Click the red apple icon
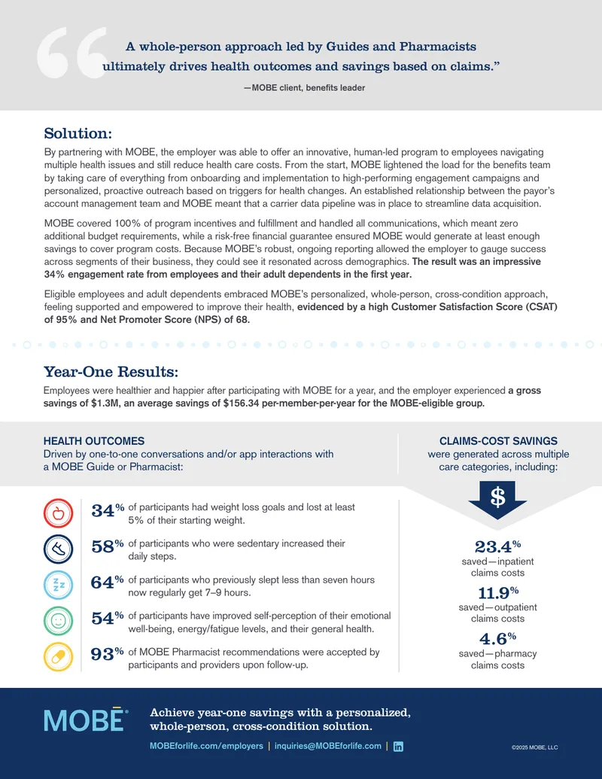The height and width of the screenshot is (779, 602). point(58,513)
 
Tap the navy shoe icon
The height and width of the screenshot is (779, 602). point(58,549)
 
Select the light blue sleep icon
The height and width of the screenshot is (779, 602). point(58,585)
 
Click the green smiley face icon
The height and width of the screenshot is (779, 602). point(58,620)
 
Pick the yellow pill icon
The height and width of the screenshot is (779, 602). point(58,657)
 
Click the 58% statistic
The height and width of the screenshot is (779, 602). point(108,546)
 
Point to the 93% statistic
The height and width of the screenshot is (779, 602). point(108,654)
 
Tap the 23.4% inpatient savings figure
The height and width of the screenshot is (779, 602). point(497,546)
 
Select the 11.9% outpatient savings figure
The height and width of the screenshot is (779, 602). point(498,592)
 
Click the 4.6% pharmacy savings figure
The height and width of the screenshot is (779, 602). point(497,638)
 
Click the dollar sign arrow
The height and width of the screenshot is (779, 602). point(497,499)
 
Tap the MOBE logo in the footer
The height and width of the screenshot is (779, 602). point(86,720)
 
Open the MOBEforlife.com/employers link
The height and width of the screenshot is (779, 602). point(207,746)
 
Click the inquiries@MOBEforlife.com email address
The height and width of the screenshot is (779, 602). point(328,746)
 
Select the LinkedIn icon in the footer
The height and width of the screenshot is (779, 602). point(398,746)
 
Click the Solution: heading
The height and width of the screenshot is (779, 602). point(78,133)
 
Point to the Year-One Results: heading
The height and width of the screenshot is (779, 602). point(111,372)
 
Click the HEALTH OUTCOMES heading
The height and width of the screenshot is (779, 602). point(94,440)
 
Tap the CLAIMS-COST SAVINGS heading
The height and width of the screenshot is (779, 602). point(498,440)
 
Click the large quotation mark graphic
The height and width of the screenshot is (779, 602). point(73,53)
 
